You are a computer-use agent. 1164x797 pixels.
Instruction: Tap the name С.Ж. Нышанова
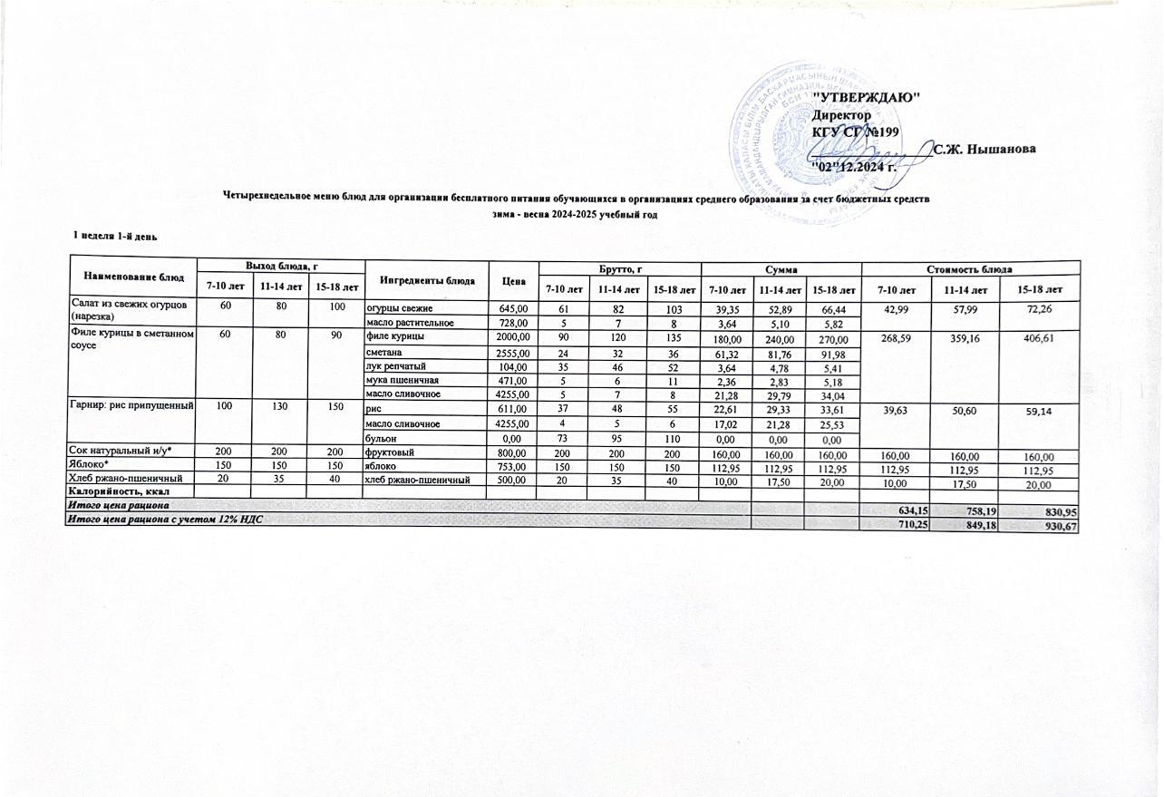coord(985,149)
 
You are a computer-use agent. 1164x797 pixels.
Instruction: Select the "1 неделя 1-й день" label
coord(116,236)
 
